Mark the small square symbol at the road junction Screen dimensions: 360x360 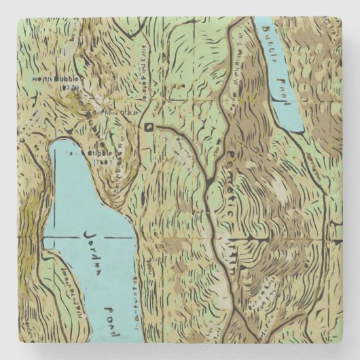tap(148, 126)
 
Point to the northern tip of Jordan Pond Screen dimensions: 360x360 tap(58, 142)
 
